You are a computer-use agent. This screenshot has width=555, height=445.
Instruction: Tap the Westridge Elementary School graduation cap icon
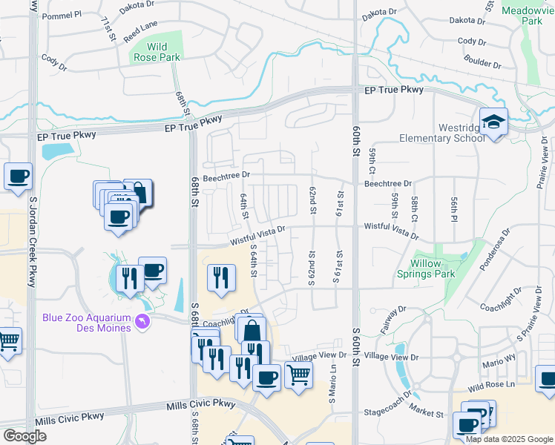(x=493, y=121)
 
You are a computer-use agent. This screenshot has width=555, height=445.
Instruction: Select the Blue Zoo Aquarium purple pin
(x=143, y=321)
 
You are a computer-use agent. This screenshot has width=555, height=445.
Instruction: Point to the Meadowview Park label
(x=527, y=16)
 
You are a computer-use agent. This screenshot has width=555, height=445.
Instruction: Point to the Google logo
(x=24, y=436)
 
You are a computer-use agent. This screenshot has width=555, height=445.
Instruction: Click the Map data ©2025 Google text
(x=509, y=439)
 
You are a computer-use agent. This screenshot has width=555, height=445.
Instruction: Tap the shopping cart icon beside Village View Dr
(x=298, y=375)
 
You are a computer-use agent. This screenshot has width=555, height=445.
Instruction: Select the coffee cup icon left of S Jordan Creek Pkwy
(x=18, y=177)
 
